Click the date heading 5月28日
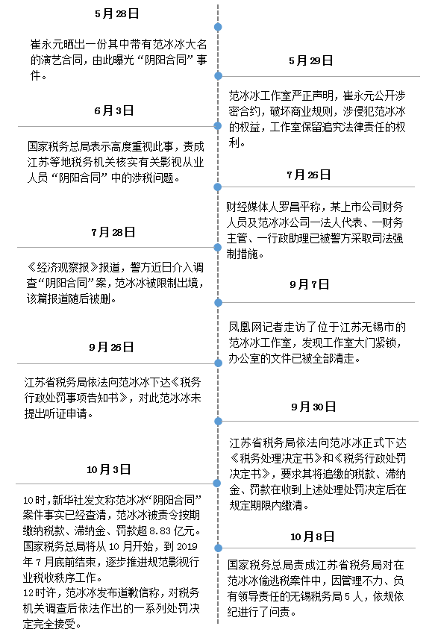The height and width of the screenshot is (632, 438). [117, 13]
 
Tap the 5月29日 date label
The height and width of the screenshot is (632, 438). [310, 60]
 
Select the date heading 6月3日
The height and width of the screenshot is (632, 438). [113, 110]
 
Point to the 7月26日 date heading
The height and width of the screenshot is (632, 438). [309, 175]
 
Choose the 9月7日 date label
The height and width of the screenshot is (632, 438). [310, 284]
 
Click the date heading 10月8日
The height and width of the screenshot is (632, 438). [313, 536]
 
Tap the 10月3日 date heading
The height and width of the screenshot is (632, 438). [108, 469]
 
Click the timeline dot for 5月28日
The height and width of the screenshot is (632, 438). [218, 27]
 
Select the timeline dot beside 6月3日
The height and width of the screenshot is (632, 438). [218, 126]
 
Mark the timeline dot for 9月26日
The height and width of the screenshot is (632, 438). [218, 363]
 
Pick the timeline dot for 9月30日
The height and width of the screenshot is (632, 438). [218, 422]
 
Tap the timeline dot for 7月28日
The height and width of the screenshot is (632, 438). [218, 247]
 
